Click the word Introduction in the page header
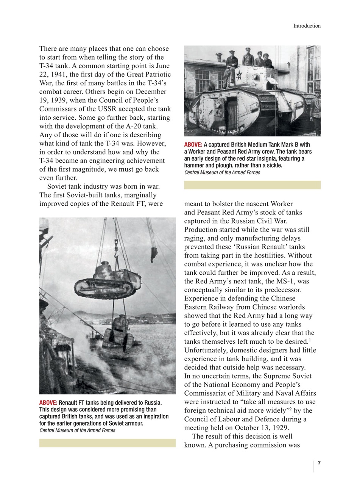pyautogui.click(x=307, y=26)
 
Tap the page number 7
pyautogui.click(x=319, y=463)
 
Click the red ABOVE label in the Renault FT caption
pyautogui.click(x=48, y=402)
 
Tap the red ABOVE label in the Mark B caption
pyautogui.click(x=193, y=145)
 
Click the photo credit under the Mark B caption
pyautogui.click(x=222, y=172)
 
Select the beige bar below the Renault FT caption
pyautogui.click(x=107, y=443)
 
